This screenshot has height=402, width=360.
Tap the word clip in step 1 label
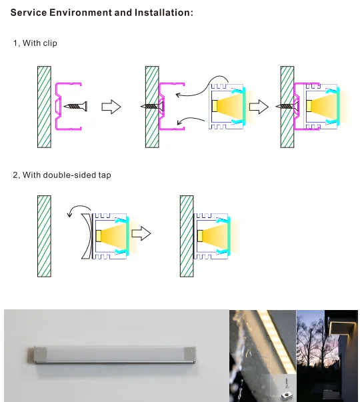49,43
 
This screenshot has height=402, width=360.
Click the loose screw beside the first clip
75,106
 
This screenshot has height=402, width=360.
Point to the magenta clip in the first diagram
61,106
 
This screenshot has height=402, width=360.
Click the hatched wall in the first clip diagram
45,106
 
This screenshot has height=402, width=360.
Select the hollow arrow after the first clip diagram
111,107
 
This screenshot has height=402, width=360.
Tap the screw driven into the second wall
153,106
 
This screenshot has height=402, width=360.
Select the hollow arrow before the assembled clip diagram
259,107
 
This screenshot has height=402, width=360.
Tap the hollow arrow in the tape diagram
141,234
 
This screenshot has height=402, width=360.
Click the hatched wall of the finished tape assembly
187,235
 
